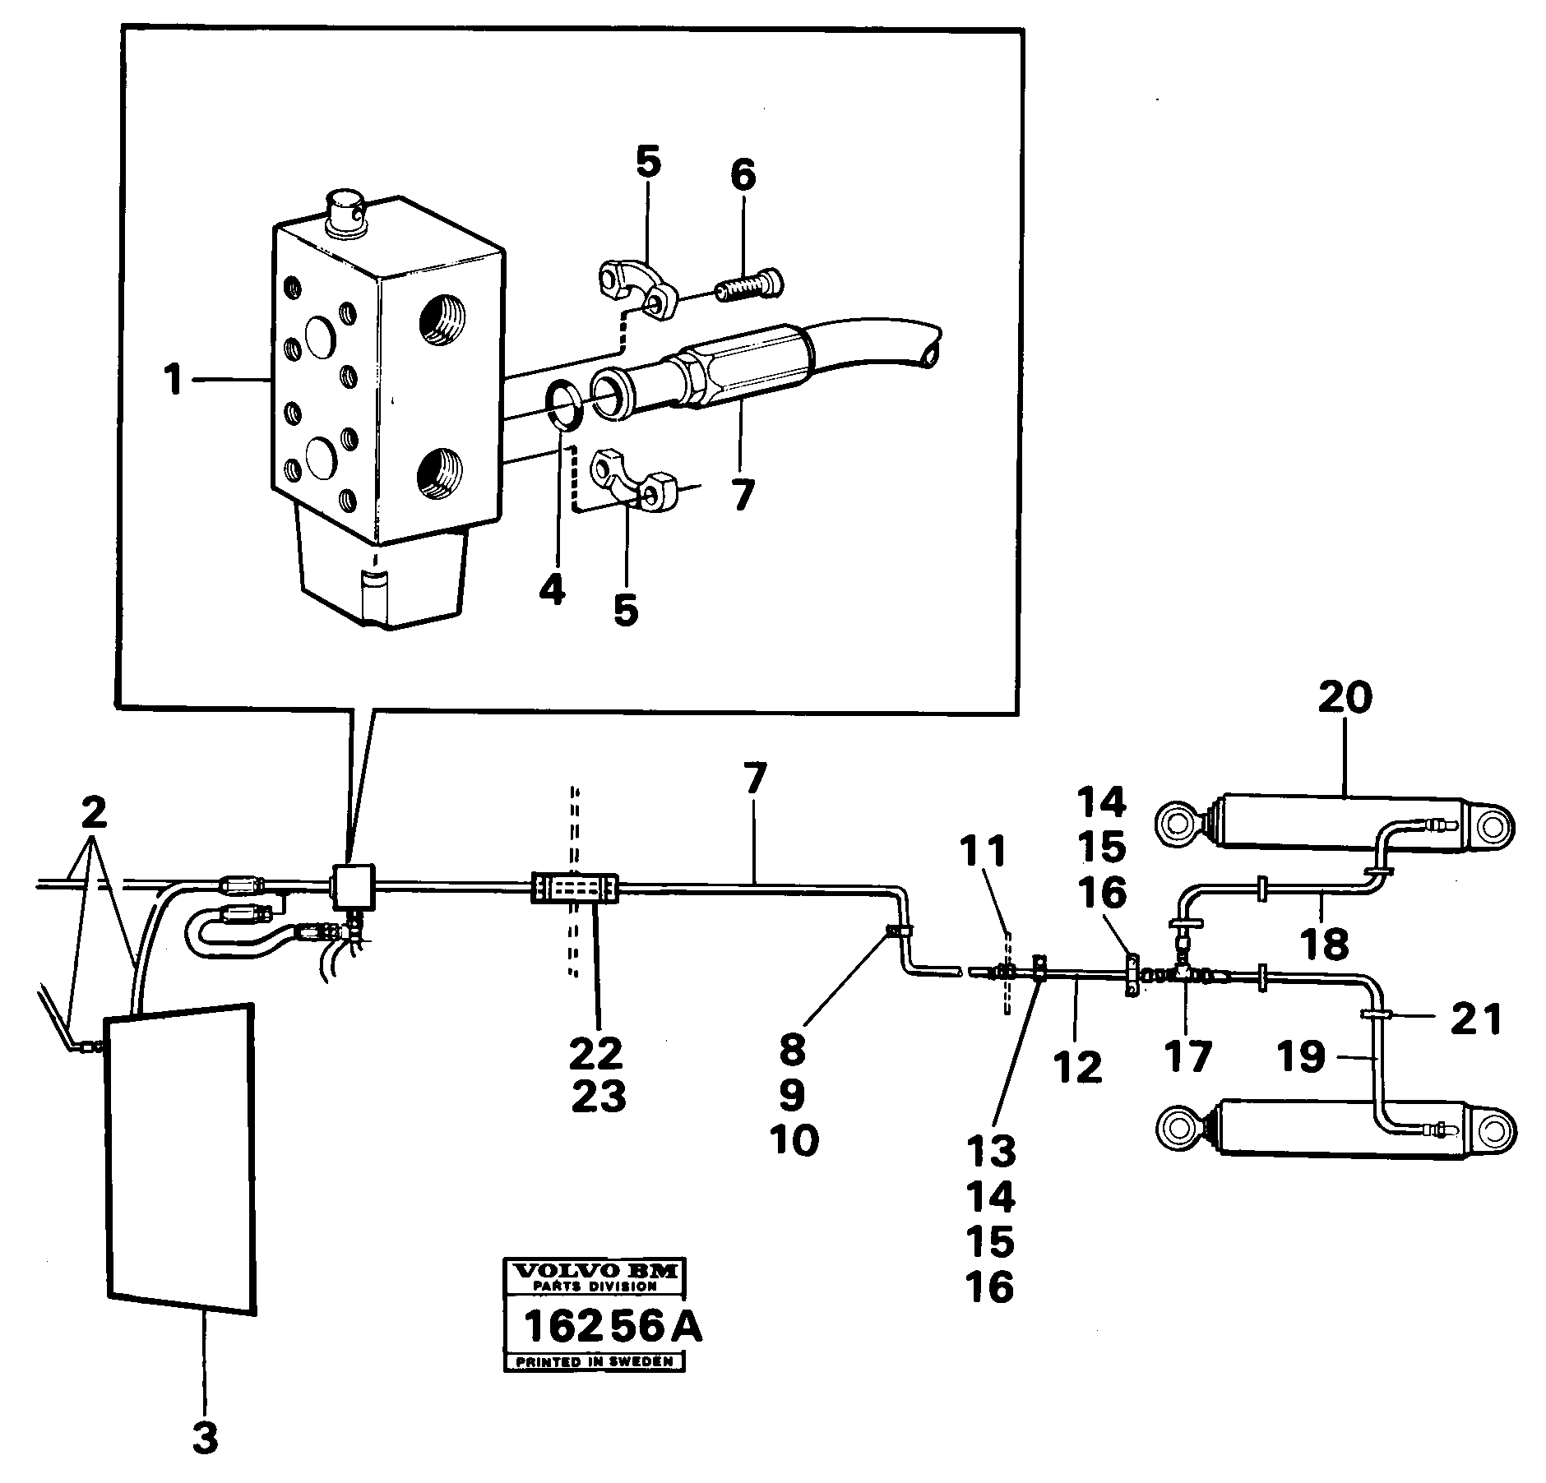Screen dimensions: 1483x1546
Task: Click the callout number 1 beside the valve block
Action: point(172,380)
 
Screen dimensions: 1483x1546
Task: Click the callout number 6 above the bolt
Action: point(743,176)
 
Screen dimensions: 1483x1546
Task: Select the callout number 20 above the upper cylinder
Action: point(1345,699)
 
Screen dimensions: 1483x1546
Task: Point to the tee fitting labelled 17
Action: point(1186,976)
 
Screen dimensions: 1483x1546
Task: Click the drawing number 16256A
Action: point(613,1325)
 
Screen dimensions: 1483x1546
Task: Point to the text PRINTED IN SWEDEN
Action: point(594,1362)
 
